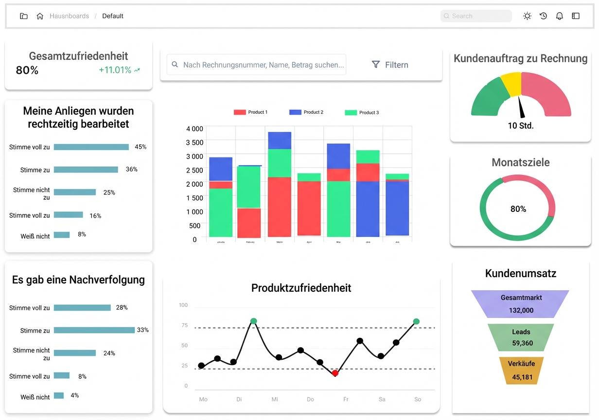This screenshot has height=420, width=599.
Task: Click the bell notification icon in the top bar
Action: point(560,16)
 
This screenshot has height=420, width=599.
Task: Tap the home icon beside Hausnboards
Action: point(40,16)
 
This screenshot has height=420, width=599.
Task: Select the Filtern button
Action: point(390,65)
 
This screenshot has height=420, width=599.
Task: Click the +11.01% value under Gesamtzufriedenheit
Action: point(115,70)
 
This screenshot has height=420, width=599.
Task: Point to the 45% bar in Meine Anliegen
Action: point(91,147)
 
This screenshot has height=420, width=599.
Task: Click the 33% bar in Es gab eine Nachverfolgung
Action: point(94,330)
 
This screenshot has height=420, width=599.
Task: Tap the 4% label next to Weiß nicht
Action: point(75,395)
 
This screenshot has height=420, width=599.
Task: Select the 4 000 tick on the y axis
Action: point(194,129)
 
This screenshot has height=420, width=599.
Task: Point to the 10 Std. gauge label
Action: point(521,126)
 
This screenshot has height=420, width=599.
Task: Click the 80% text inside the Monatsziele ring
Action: point(518,209)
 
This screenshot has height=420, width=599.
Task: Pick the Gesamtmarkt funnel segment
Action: point(520,304)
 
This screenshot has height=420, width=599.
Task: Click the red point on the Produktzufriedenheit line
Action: point(335,373)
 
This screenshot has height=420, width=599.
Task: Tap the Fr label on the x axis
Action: point(346,399)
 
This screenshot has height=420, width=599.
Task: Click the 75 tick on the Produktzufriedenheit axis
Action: point(184,325)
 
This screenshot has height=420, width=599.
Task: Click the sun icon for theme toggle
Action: point(527,16)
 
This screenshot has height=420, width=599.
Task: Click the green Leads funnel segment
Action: point(521,337)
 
